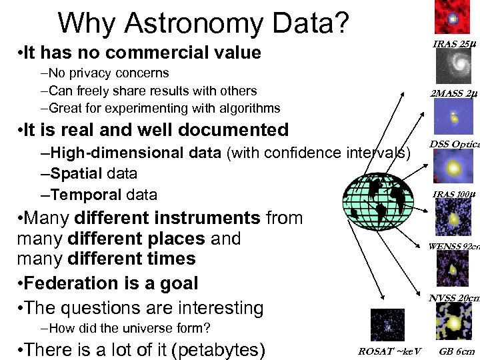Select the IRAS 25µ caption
tap(453, 44)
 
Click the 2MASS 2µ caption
tap(453, 94)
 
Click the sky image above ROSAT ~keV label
tap(388, 326)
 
